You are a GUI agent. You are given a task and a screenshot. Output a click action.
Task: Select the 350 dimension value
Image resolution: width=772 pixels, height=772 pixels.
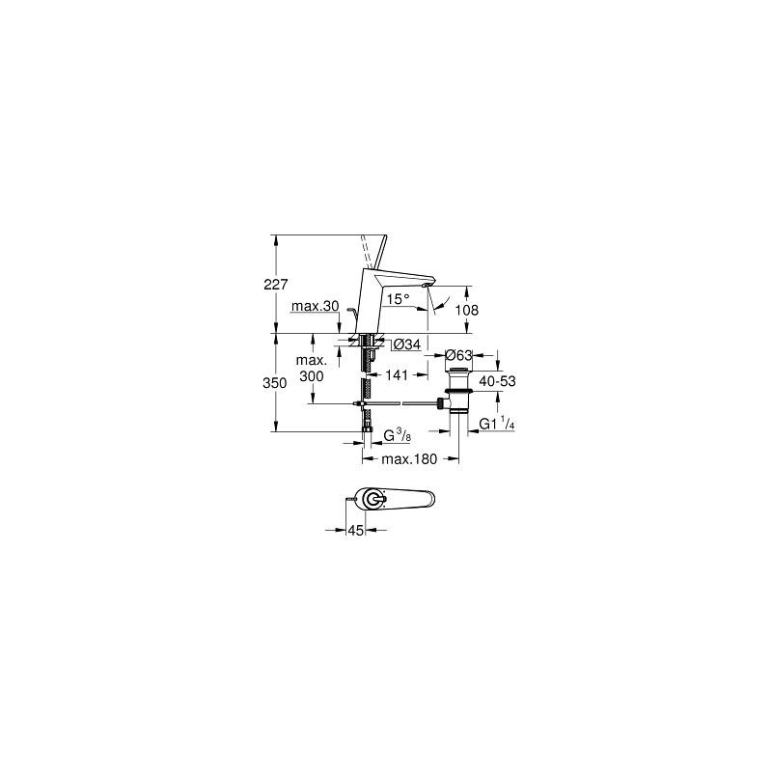(275, 383)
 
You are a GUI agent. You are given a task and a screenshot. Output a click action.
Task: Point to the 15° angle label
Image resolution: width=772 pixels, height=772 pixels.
(398, 300)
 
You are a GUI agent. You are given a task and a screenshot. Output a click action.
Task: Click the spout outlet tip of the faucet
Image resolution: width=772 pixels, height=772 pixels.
(427, 287)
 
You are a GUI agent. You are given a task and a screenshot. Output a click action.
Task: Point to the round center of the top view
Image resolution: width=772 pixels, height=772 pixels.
(371, 498)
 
